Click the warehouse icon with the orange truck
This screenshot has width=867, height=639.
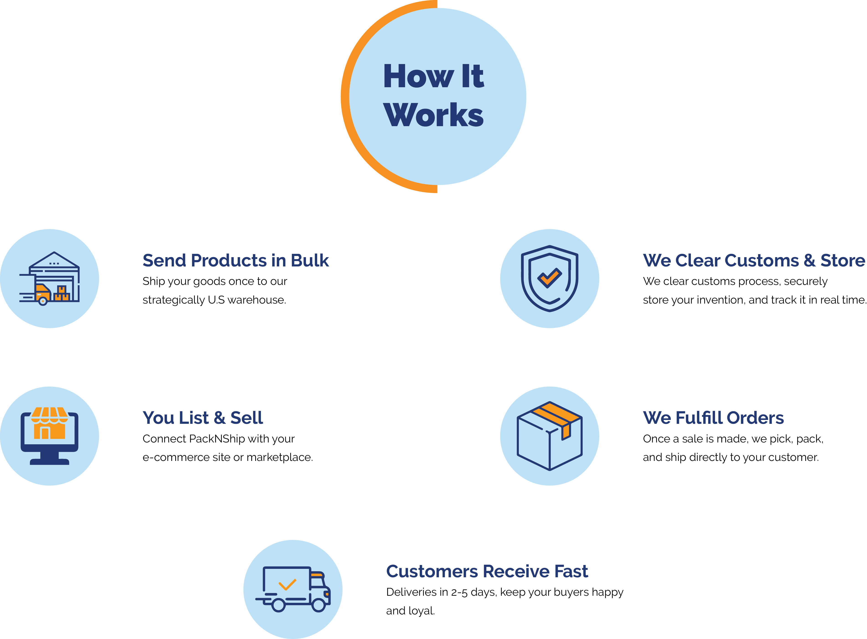[x=49, y=279]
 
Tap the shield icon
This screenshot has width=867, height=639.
[x=550, y=279]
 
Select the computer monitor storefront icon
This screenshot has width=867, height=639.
[x=49, y=436]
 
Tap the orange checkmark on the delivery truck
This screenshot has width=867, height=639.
[x=287, y=584]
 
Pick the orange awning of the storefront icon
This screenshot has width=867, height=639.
[x=49, y=415]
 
